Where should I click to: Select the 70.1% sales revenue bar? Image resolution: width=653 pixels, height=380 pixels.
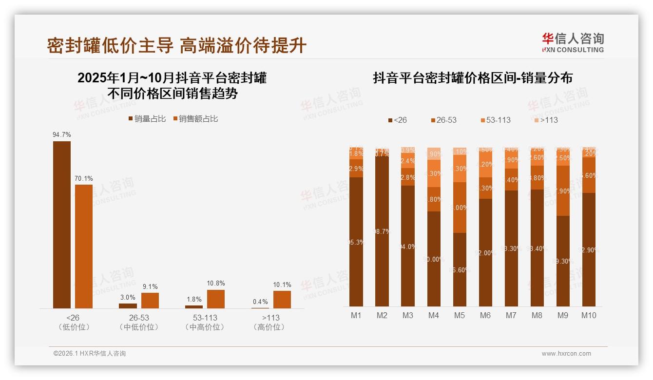pos(84,246)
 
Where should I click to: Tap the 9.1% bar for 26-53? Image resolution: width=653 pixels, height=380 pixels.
pos(150,300)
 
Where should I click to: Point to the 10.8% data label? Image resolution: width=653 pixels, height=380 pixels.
pos(216,283)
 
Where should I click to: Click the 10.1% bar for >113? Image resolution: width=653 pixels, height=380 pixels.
pos(282,299)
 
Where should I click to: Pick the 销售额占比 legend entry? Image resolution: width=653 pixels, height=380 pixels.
pos(196,119)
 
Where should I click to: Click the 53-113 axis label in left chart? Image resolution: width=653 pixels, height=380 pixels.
pos(205,318)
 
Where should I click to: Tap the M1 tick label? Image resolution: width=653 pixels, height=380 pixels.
pos(356,315)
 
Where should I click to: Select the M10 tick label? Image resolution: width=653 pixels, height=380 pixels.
pos(589,315)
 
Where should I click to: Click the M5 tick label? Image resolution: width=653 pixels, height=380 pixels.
pos(460,315)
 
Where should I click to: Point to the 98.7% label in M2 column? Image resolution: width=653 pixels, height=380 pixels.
pos(382,231)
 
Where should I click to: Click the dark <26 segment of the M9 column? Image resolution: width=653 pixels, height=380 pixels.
pos(563,261)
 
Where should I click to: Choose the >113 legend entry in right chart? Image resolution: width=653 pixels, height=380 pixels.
pos(545,120)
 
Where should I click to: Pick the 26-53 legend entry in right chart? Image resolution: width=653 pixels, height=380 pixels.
pos(443,120)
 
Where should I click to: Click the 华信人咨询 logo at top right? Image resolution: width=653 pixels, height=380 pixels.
pos(573,42)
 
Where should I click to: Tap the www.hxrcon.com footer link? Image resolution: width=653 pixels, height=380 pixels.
pos(566,354)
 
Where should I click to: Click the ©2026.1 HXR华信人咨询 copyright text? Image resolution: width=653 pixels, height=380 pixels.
pos(90,354)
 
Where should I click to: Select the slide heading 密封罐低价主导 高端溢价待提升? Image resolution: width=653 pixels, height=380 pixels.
pos(176,45)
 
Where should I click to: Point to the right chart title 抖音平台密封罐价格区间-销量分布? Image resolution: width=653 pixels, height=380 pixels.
pos(472,78)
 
